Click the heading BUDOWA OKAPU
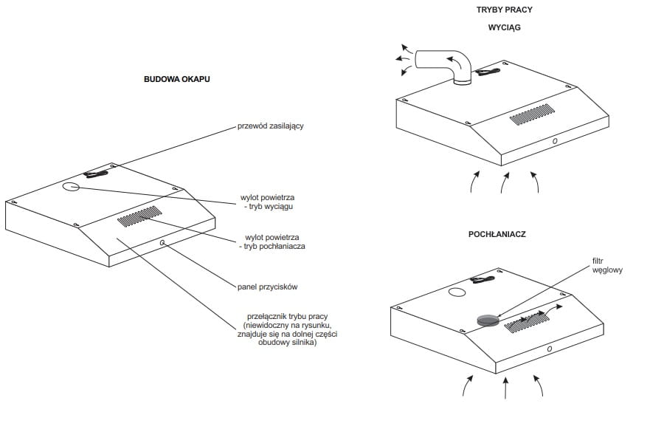click(176, 78)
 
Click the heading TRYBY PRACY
click(505, 10)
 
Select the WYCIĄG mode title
click(505, 28)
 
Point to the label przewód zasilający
click(271, 126)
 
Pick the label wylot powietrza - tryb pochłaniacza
click(274, 241)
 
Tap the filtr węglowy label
click(607, 266)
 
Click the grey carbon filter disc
click(487, 319)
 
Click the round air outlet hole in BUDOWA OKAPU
click(70, 186)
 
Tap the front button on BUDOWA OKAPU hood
click(162, 242)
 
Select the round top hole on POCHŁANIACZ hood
click(457, 293)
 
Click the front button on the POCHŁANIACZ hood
click(551, 348)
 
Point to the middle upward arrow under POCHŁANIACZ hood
click(505, 388)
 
